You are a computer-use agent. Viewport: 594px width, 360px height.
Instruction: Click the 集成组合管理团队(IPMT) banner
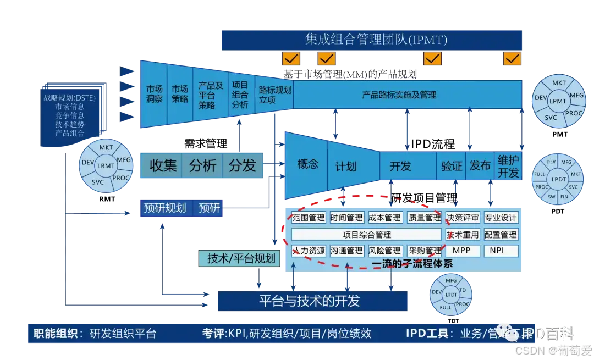(x=371, y=40)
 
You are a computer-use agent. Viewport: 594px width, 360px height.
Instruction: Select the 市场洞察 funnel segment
(x=154, y=94)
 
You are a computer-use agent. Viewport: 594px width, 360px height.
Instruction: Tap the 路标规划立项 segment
(x=274, y=94)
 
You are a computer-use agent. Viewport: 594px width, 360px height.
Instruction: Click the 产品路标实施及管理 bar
(x=407, y=95)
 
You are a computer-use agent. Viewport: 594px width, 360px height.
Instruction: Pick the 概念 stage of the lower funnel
(x=307, y=164)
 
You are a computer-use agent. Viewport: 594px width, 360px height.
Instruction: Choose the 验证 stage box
(x=452, y=165)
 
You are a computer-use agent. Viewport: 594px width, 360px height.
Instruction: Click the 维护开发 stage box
(x=508, y=165)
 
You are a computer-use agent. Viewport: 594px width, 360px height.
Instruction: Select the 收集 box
(x=163, y=165)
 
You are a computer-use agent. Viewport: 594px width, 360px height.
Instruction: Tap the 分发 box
(x=243, y=165)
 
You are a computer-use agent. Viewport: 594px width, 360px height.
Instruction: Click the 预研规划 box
(x=164, y=208)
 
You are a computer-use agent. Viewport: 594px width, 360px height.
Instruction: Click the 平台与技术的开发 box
(x=312, y=301)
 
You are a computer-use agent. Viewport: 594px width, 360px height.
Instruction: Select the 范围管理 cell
(x=309, y=218)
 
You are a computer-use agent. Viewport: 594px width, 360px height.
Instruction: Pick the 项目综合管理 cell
(x=367, y=235)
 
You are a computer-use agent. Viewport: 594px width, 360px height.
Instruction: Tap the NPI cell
(x=501, y=251)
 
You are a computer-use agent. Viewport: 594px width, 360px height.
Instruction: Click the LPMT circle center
(x=558, y=101)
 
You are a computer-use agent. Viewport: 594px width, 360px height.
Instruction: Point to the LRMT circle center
(x=106, y=165)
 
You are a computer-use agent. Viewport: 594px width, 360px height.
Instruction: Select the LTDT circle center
(x=451, y=295)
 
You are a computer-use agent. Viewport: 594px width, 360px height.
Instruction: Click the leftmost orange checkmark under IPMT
(x=291, y=58)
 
